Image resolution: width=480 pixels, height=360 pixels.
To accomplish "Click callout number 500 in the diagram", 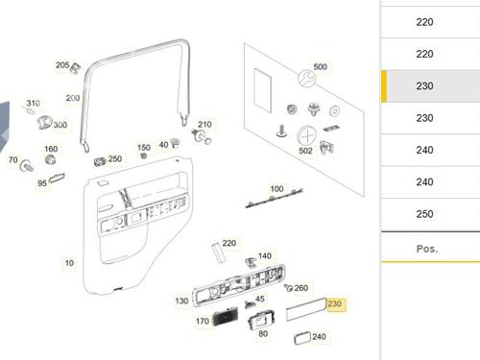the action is [320, 66].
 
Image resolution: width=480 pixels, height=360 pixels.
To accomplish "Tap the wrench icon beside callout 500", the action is [306, 79].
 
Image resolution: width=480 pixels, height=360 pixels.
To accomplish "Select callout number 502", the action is [305, 151].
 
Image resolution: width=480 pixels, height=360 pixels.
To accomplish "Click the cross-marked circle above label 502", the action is [307, 135].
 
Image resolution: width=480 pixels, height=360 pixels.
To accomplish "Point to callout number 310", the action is [34, 103].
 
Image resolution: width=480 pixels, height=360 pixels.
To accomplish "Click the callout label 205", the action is [62, 65].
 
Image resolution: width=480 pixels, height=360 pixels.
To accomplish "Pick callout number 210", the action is [204, 124].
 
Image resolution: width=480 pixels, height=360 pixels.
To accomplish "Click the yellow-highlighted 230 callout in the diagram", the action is [335, 303].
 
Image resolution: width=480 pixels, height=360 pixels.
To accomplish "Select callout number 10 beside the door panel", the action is [69, 263].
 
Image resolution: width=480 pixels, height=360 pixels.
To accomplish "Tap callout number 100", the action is [276, 189].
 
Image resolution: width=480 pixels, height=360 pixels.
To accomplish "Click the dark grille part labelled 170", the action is [226, 317].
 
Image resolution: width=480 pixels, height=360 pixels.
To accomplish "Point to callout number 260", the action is [301, 288].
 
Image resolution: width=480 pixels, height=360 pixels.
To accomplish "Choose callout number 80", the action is [263, 334].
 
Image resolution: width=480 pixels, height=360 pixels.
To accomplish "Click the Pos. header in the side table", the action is [427, 249].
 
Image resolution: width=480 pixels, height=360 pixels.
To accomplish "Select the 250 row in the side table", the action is [430, 214].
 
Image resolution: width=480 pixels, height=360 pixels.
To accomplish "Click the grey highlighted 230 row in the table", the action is [430, 85].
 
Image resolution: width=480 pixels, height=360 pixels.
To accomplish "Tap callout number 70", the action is [13, 159].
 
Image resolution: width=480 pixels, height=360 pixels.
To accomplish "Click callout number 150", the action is [144, 148].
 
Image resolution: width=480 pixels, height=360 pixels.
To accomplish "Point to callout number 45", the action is [260, 299].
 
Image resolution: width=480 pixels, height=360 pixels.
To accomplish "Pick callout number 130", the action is [181, 300].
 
